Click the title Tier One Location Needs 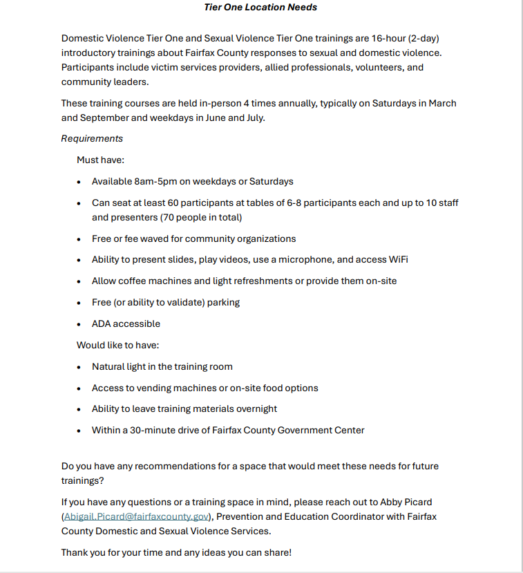point(261,8)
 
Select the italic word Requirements point(92,138)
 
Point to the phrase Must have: point(100,160)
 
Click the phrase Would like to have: point(117,345)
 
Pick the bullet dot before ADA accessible point(79,324)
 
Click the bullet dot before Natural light point(79,367)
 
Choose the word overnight point(254,409)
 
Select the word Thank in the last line point(75,552)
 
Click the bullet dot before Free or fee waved point(79,239)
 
